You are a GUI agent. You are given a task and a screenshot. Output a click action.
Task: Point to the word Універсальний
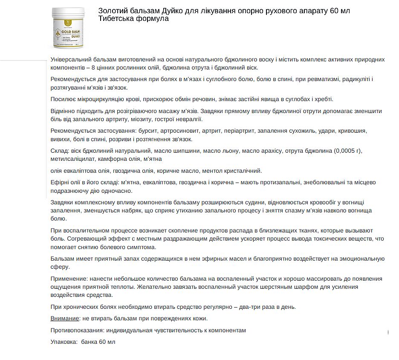point(72,59)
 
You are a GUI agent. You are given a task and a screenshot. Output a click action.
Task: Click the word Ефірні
point(60,183)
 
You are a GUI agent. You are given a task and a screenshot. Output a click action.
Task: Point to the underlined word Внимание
point(64,318)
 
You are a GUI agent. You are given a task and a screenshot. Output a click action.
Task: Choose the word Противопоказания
point(77,330)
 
